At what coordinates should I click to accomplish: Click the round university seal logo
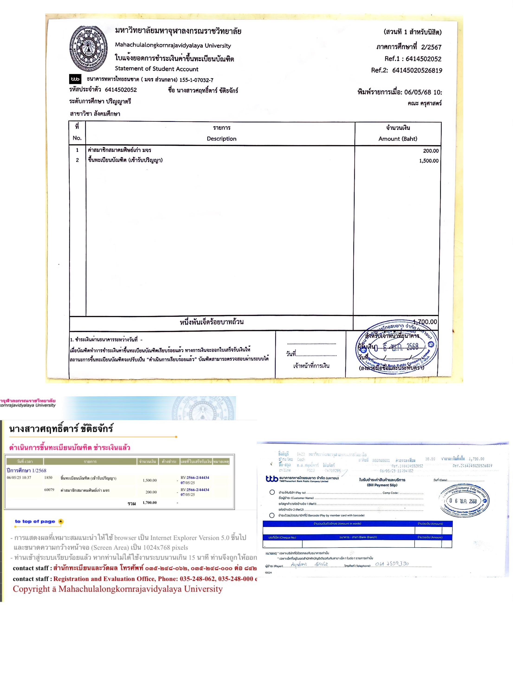[88, 48]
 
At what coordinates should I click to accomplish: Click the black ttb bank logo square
[75, 79]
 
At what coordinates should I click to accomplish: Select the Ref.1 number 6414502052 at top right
[423, 59]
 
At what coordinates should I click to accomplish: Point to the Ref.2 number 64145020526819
[417, 71]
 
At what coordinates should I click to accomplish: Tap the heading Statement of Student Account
[156, 69]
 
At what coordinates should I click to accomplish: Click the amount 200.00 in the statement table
[430, 151]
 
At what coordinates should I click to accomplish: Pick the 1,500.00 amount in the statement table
[429, 161]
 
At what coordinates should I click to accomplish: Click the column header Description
[221, 139]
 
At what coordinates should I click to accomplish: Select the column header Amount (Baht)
[398, 139]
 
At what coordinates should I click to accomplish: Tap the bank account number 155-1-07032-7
[196, 80]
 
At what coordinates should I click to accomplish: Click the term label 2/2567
[431, 47]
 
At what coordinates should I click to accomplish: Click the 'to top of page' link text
[35, 521]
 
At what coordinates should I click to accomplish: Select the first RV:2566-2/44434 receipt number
[195, 478]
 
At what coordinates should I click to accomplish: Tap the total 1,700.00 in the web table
[150, 503]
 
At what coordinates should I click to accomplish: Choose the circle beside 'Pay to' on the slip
[272, 492]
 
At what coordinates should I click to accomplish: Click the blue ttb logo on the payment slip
[272, 479]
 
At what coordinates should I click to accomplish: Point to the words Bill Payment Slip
[382, 485]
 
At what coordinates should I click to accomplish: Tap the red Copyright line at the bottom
[117, 589]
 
